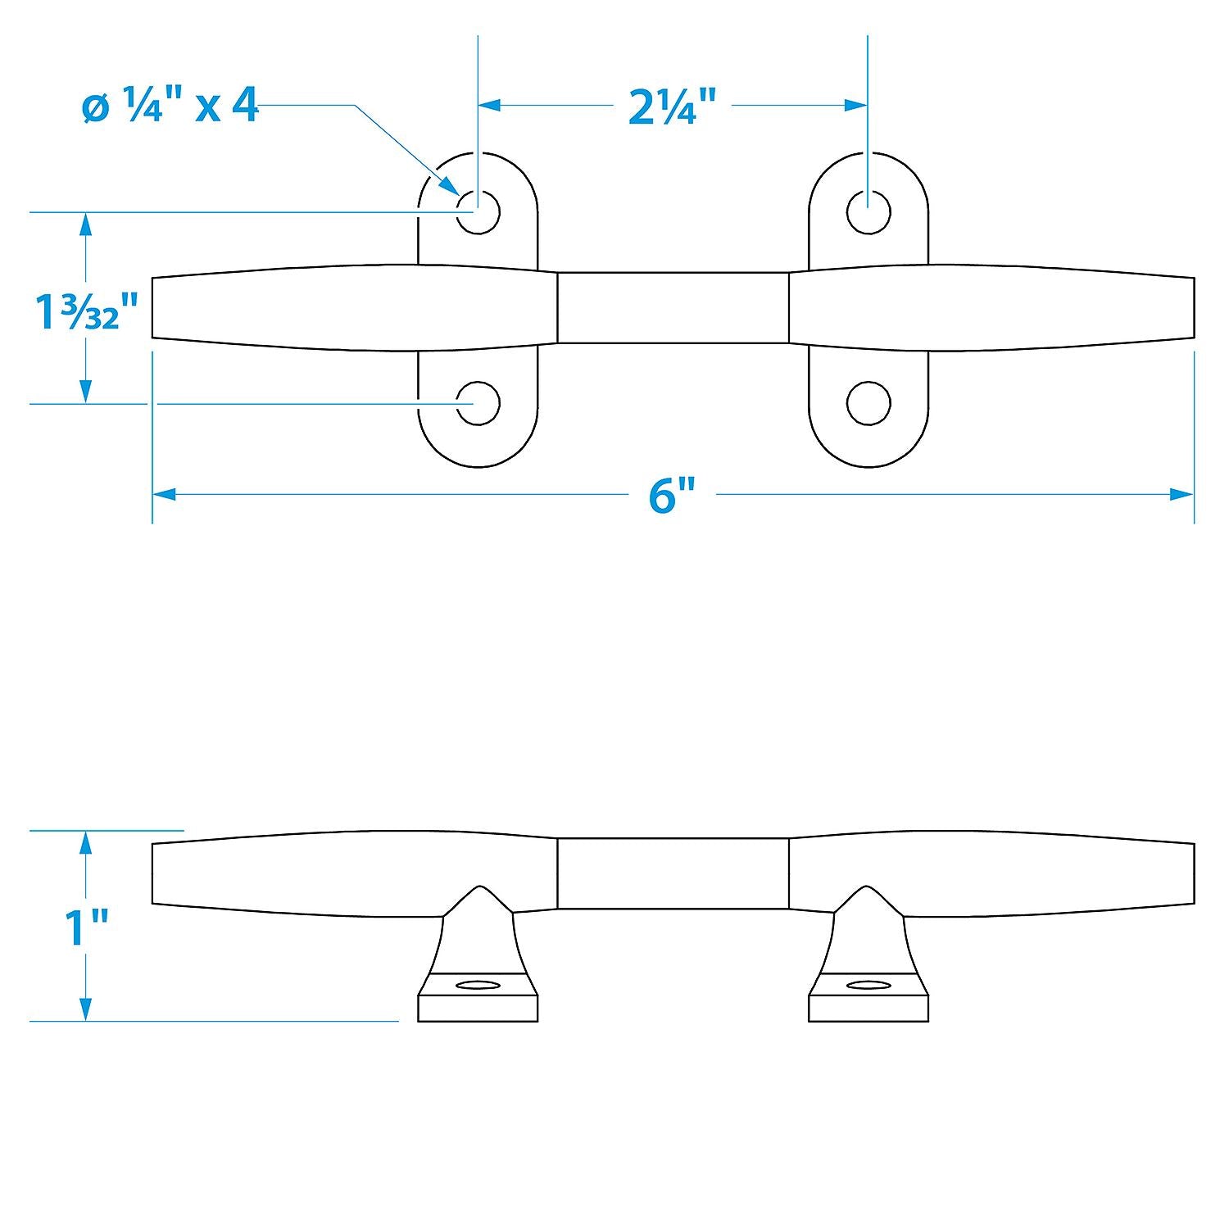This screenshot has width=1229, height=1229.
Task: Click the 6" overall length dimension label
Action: click(x=672, y=496)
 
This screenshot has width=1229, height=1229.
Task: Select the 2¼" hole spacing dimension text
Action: click(x=673, y=107)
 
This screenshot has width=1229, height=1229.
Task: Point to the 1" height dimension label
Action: click(x=86, y=927)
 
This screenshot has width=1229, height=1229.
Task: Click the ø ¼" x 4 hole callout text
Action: click(x=170, y=107)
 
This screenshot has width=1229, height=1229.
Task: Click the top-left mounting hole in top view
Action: click(x=478, y=212)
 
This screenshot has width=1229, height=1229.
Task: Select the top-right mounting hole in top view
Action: click(x=868, y=212)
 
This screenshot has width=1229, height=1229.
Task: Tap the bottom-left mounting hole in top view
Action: click(x=478, y=403)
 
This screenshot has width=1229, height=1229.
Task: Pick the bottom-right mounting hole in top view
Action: click(x=868, y=403)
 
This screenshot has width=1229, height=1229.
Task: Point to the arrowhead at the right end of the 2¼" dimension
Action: click(x=857, y=105)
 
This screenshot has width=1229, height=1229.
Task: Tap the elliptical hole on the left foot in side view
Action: click(x=478, y=984)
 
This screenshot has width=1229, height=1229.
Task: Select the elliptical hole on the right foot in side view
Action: click(x=868, y=984)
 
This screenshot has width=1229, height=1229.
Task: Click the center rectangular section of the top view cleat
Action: click(x=673, y=307)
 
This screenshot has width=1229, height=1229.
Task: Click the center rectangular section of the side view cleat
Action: click(x=673, y=873)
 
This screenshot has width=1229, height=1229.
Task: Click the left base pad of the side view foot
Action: click(x=478, y=1009)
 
